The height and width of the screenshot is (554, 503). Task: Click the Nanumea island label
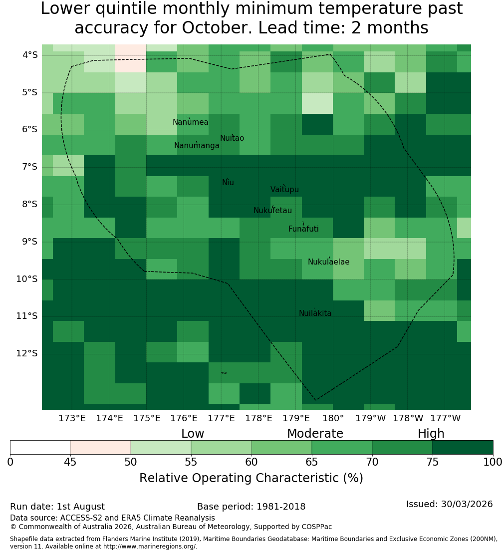coord(191,122)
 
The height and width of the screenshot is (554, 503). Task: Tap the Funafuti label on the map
coord(303,229)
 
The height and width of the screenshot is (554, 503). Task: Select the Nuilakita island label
coord(315,313)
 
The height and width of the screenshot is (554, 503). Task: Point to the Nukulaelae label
coord(328,262)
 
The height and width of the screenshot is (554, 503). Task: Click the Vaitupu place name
coord(285,189)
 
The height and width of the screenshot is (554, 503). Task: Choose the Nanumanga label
coord(197,146)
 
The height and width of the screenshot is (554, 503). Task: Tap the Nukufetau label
coord(272,210)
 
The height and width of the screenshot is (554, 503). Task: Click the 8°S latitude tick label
coord(29,204)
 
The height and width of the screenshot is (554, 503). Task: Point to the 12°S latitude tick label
coord(27,353)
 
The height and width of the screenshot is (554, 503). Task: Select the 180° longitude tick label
coord(333,418)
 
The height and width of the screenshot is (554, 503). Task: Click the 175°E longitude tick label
coord(147,418)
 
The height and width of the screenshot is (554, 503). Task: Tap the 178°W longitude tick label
coord(408,418)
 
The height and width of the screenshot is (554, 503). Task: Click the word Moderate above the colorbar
coord(315,434)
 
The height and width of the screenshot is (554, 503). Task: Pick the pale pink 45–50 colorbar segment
coord(100,447)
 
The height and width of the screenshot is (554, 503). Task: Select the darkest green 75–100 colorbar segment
coord(463,447)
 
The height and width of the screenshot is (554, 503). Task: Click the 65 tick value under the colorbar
coord(311,462)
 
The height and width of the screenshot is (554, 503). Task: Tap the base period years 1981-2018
coord(281,507)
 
